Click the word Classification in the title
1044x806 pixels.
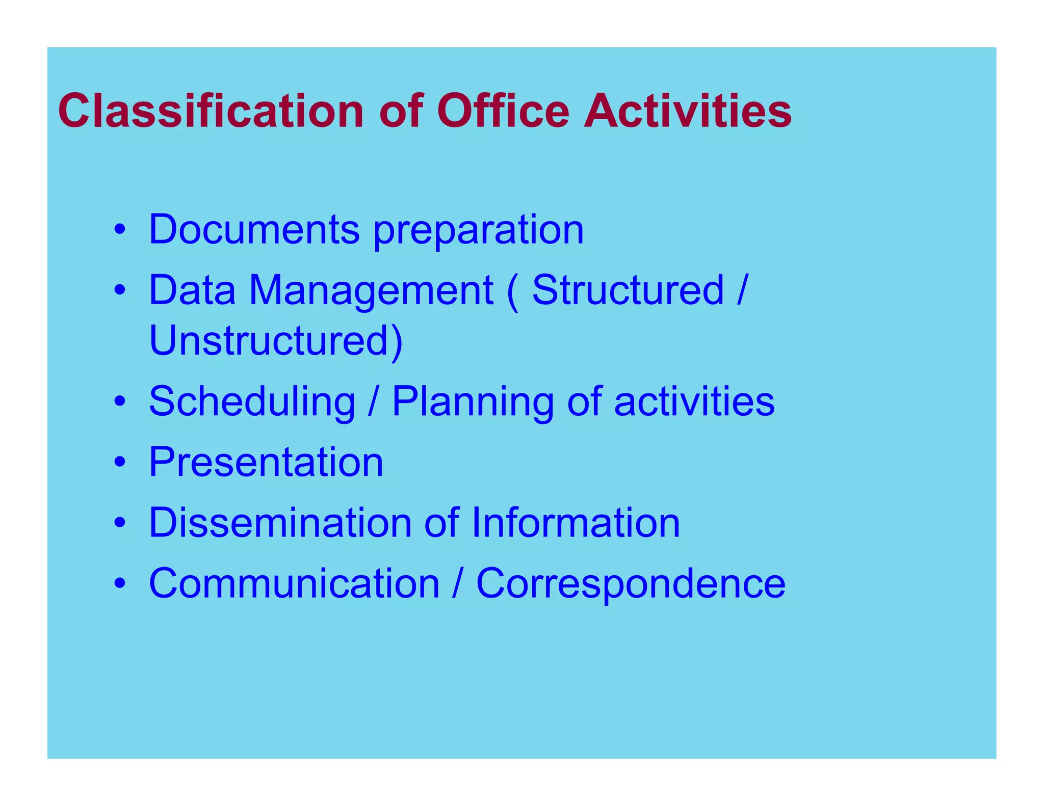point(211,111)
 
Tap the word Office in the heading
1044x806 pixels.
point(503,111)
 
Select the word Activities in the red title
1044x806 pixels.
point(688,111)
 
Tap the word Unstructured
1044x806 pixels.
point(275,340)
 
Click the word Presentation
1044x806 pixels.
point(266,462)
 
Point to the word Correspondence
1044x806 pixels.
point(631,584)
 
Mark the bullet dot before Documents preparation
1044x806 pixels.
point(120,230)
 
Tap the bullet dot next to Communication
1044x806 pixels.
point(120,583)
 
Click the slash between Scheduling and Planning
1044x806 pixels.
point(373,401)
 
